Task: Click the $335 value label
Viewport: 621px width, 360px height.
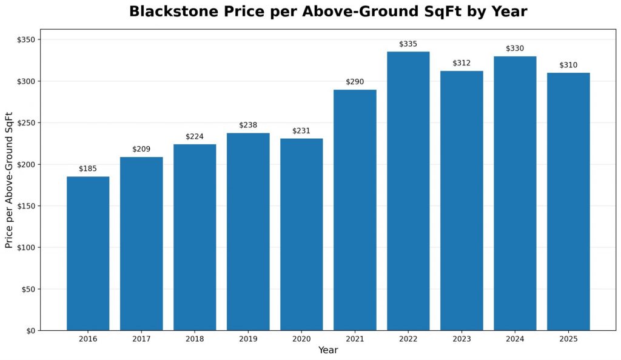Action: pos(408,44)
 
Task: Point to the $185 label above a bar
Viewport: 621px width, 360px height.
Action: pos(88,168)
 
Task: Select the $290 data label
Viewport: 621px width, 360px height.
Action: pos(355,82)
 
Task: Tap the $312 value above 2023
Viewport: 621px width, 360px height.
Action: pos(462,63)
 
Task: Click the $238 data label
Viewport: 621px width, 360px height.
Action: pos(248,125)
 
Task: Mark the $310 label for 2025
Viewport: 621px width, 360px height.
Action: pos(568,65)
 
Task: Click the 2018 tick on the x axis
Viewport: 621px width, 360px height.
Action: pos(195,339)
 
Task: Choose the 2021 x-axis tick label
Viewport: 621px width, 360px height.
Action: pos(355,339)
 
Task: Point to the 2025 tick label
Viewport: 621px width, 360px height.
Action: pos(568,339)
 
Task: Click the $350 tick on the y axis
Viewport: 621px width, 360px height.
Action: pos(26,40)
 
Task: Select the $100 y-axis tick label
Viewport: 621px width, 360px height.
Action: pos(26,247)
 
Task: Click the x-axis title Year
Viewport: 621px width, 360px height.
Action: pos(328,350)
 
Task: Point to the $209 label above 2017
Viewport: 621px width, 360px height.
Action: pos(141,149)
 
